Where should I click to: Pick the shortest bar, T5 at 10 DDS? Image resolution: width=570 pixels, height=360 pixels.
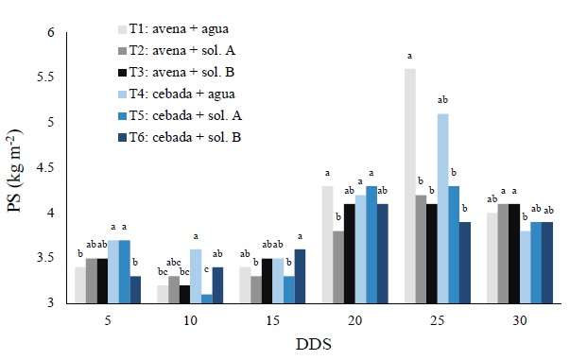[206, 299]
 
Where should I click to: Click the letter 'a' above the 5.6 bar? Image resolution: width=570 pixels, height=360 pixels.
[410, 57]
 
